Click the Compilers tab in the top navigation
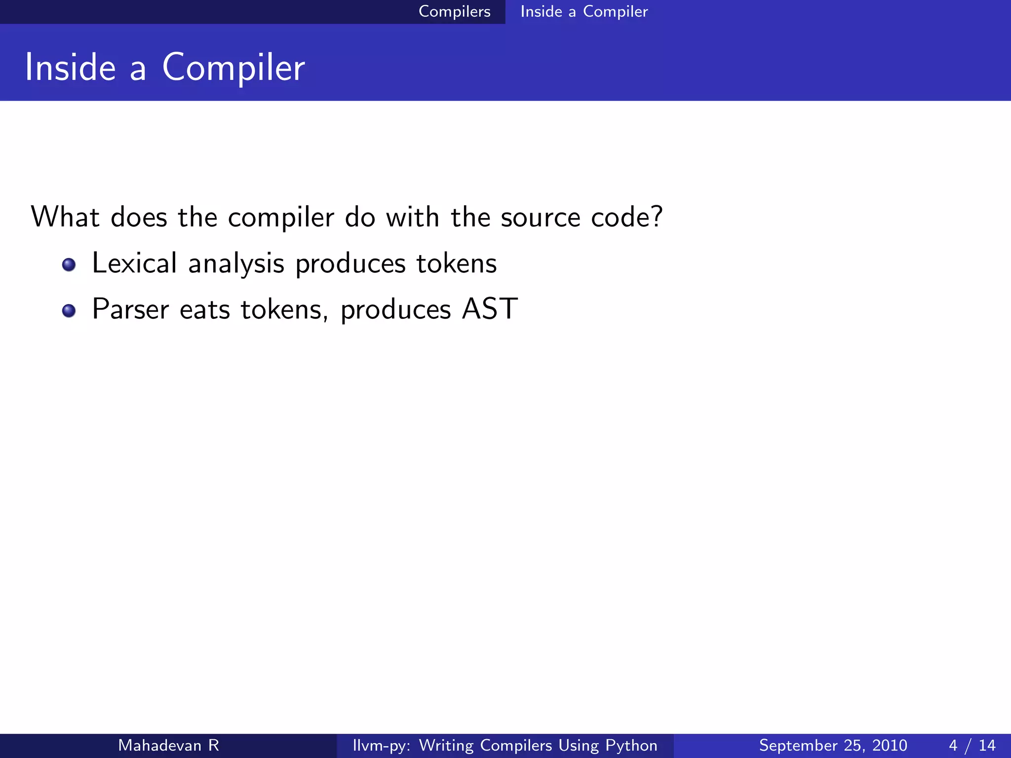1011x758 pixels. pos(454,11)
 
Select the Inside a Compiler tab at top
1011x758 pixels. pos(583,11)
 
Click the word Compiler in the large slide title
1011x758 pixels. pos(233,68)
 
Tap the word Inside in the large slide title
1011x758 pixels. pos(70,68)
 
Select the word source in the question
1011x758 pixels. pos(540,218)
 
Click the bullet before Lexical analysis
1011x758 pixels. pos(69,265)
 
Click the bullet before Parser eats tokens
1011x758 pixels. pos(69,311)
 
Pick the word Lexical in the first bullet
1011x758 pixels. pos(134,263)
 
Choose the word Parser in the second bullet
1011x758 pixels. pos(130,309)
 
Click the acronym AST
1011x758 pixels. pos(490,309)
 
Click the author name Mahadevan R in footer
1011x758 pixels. pos(168,745)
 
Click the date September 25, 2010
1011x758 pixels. pos(833,745)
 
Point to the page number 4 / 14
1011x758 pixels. pos(972,745)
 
